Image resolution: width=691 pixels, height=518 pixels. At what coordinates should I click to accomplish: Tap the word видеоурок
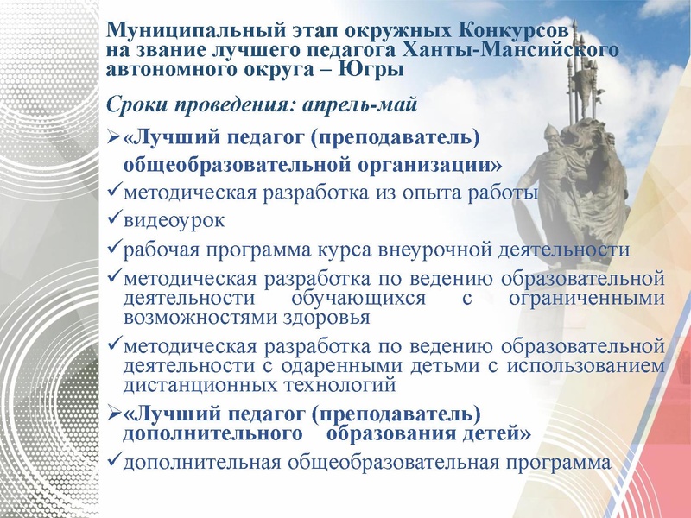point(175,220)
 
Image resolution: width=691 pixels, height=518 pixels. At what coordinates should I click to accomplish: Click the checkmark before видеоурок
point(113,220)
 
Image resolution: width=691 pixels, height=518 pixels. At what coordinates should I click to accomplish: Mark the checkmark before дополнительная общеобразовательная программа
point(113,462)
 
